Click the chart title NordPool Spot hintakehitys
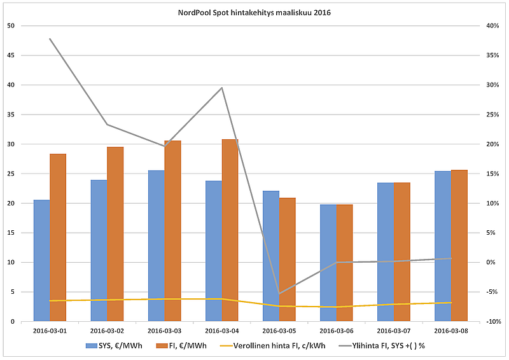[254, 12]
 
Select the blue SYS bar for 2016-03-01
[41, 261]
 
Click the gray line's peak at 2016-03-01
[50, 39]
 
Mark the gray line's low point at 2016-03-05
[279, 294]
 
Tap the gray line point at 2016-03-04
[221, 88]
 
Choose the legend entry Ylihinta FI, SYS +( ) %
[389, 346]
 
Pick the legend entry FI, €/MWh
[187, 346]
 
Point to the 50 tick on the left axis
[10, 26]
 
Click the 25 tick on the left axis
[10, 174]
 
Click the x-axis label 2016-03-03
[164, 331]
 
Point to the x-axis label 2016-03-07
[393, 331]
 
